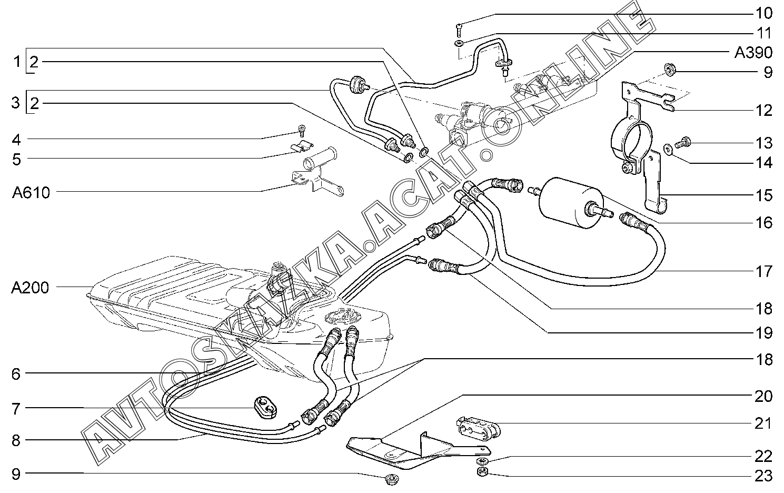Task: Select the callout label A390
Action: pos(753,53)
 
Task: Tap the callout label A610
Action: pos(31,193)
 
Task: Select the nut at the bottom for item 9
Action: pos(391,479)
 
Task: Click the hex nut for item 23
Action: pos(481,471)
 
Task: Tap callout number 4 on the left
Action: pos(16,140)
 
